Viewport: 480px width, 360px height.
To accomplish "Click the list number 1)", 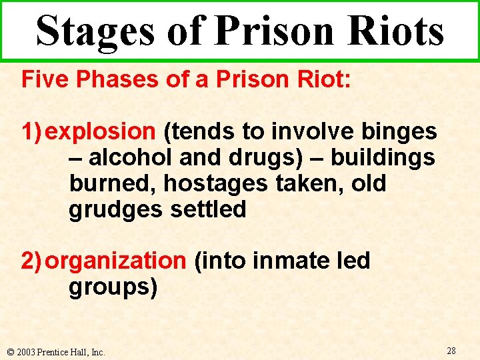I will tap(33, 132).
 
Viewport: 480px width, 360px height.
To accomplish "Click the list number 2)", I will tap(33, 261).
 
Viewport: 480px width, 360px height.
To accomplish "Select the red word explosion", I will tap(101, 132).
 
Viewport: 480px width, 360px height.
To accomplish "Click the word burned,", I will tap(113, 183).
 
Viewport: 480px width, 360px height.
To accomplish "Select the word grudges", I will tap(115, 209).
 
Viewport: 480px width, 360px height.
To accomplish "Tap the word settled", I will tap(208, 209).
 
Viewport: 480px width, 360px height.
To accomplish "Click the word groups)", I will tap(113, 287).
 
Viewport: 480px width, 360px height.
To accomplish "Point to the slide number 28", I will tap(451, 351).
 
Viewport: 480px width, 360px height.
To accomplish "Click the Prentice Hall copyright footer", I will tap(55, 351).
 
